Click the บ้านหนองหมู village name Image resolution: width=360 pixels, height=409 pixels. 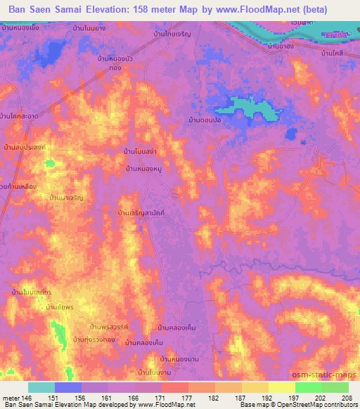click(x=145, y=169)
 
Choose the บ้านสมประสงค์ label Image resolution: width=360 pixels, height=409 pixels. click(x=25, y=148)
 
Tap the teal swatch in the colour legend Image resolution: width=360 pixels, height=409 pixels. click(x=41, y=387)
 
